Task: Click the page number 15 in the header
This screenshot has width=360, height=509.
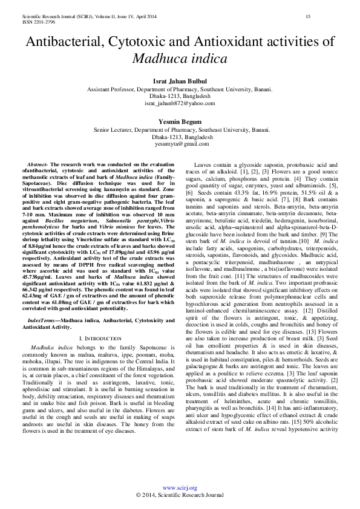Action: coord(308,16)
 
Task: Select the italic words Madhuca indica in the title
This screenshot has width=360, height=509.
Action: coord(180,59)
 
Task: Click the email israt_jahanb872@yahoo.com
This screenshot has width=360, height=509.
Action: coord(180,103)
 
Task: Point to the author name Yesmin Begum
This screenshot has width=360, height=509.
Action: coord(180,122)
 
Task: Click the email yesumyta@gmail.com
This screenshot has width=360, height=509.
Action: coord(180,144)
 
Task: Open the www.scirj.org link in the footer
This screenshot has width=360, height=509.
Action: coord(180,487)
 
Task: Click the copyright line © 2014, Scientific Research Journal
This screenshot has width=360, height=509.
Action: coord(180,494)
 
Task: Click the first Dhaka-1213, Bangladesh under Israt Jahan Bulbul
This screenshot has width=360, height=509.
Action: coord(180,96)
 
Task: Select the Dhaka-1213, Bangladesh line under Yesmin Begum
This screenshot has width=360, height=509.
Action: coord(180,137)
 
